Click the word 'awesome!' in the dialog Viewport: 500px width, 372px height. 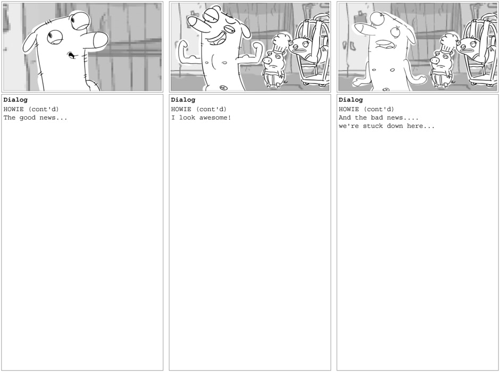215,117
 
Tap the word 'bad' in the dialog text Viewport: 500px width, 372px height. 377,117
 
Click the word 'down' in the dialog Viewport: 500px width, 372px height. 395,126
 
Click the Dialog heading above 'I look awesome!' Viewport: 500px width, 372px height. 183,100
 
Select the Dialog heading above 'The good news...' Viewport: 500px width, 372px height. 15,100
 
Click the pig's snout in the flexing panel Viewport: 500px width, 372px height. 266,60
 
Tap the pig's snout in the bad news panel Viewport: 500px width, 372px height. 434,60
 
